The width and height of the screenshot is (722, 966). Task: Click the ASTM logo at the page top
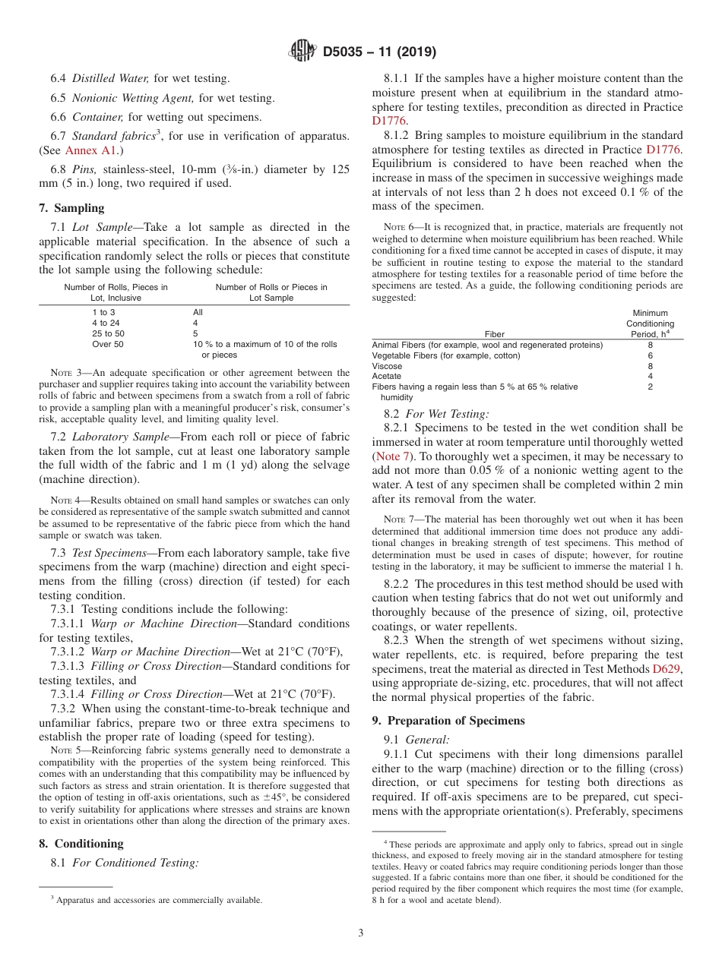pyautogui.click(x=302, y=52)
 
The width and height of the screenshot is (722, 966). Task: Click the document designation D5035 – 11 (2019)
pyautogui.click(x=379, y=52)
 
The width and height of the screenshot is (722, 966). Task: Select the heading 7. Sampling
pyautogui.click(x=71, y=208)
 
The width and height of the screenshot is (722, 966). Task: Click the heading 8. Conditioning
pyautogui.click(x=81, y=844)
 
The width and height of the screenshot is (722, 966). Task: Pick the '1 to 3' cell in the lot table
pyautogui.click(x=103, y=312)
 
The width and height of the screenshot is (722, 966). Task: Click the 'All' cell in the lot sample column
pyautogui.click(x=198, y=312)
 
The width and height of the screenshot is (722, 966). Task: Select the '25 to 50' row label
pyautogui.click(x=108, y=333)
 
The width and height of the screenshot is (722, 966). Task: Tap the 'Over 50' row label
pyautogui.click(x=107, y=344)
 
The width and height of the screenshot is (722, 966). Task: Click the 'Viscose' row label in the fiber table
pyautogui.click(x=387, y=366)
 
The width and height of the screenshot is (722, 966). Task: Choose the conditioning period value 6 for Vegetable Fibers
pyautogui.click(x=650, y=355)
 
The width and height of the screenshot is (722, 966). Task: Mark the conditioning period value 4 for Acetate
pyautogui.click(x=650, y=376)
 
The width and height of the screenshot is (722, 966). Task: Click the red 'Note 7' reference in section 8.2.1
pyautogui.click(x=393, y=456)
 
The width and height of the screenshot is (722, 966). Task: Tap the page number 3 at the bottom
pyautogui.click(x=360, y=933)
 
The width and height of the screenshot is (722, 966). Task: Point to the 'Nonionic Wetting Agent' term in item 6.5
pyautogui.click(x=133, y=98)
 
